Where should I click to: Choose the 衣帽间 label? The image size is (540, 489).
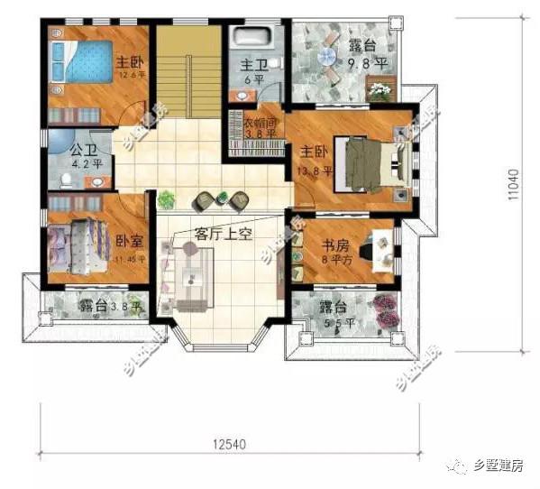(x=261, y=125)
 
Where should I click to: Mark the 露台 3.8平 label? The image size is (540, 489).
(x=105, y=307)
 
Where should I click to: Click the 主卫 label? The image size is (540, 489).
(x=252, y=69)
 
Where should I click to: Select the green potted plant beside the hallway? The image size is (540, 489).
(x=165, y=199)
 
